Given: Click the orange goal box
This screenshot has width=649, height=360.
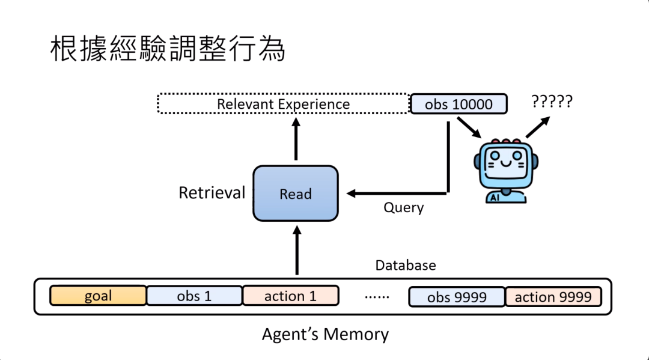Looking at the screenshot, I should point(98,296).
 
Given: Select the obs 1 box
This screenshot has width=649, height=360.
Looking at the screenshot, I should point(194,296).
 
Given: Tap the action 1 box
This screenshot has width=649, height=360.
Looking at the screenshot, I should point(290,296).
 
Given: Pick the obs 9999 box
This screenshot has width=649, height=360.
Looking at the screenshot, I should point(457,297).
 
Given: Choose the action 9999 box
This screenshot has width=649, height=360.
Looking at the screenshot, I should point(553,296).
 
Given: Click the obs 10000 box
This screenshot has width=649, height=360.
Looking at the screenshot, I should point(458,104).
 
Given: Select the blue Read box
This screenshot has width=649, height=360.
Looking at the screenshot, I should point(295,194).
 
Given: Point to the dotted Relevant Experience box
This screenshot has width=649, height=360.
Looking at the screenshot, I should point(283,104).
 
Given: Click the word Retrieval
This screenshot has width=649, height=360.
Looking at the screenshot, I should point(212,193).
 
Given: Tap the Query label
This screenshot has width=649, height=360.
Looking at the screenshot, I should point(403,208).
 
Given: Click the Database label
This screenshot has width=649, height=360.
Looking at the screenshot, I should point(406,265).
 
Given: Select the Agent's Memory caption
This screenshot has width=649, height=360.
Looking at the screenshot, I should point(325,334).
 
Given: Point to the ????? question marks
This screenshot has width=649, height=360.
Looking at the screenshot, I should point(552,101).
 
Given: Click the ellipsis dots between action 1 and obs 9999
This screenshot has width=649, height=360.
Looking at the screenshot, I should point(377,296).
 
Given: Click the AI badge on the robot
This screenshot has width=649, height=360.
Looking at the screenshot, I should point(495,195).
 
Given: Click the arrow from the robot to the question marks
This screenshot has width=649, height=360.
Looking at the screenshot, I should point(537,127).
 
